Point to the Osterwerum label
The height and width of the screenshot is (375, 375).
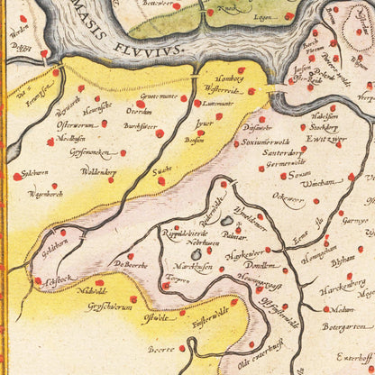pyautogui.click(x=75, y=125)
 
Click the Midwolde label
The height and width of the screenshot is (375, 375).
pyautogui.click(x=92, y=291)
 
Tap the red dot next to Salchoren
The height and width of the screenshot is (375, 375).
pyautogui.click(x=16, y=177)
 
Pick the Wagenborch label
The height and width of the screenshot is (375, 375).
pyautogui.click(x=45, y=193)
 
